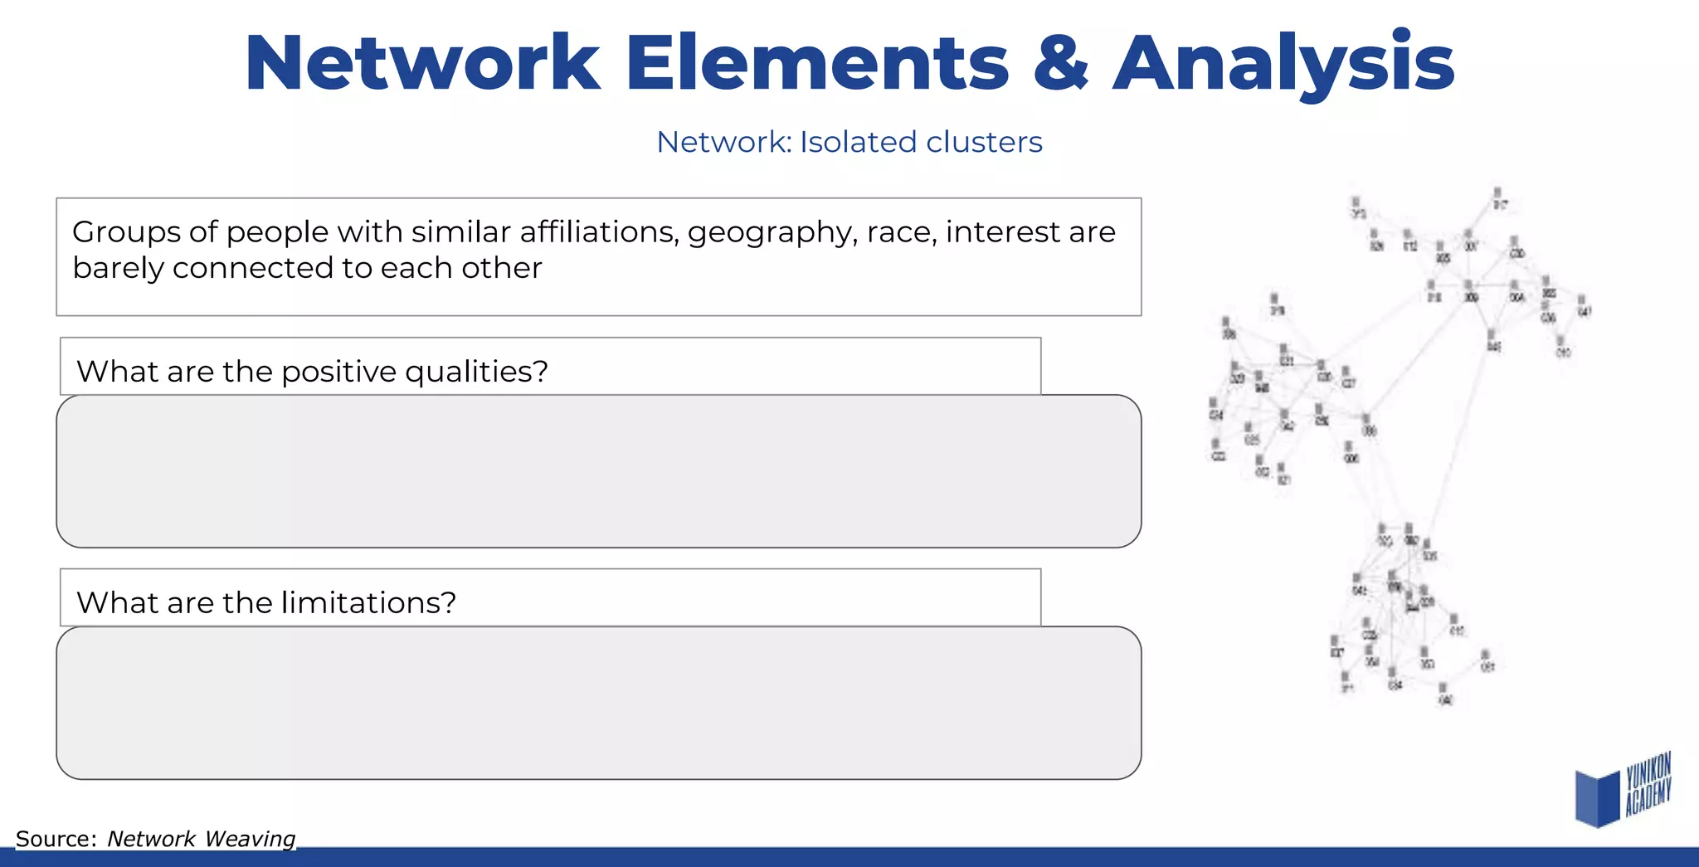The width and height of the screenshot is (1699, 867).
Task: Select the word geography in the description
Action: coord(772,233)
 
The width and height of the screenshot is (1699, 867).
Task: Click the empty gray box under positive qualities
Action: coord(598,471)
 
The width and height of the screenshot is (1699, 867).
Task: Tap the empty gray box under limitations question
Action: coord(598,703)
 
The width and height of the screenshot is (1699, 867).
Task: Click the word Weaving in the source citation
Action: coord(250,839)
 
